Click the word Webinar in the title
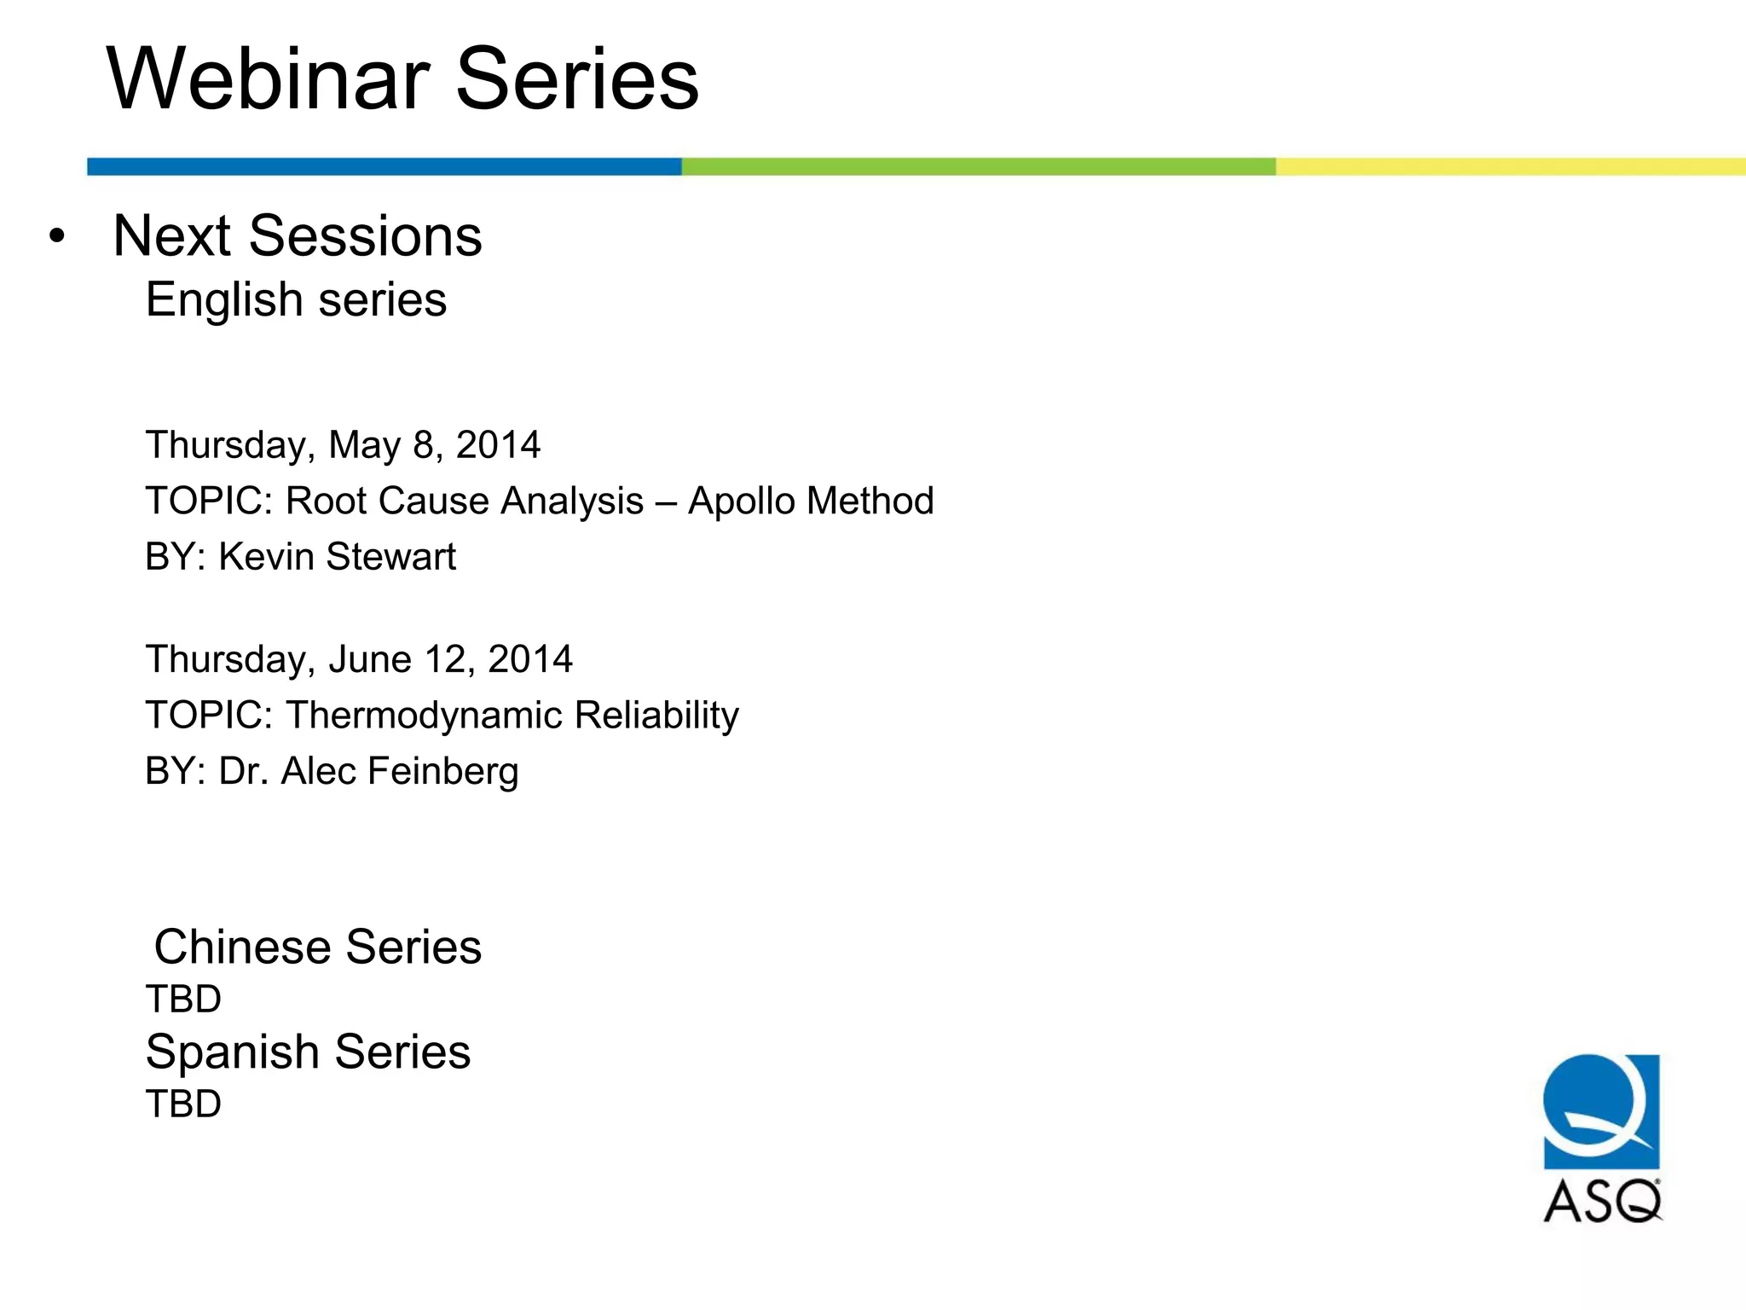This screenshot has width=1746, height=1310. click(x=268, y=79)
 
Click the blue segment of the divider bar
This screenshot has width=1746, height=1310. click(x=384, y=166)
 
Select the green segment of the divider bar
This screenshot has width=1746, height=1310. click(x=978, y=166)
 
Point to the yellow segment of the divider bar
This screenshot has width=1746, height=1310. click(x=1510, y=166)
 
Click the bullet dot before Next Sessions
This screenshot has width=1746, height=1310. click(x=56, y=236)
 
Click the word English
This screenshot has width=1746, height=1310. click(x=224, y=300)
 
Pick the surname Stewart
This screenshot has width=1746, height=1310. click(x=391, y=557)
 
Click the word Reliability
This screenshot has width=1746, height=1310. click(x=656, y=715)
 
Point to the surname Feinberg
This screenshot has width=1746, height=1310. click(x=442, y=771)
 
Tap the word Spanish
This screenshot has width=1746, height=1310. click(x=231, y=1052)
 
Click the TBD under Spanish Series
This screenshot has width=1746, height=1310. click(x=183, y=1104)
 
